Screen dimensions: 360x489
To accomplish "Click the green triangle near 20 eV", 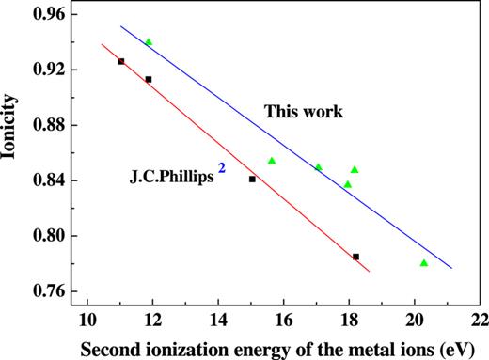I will tap(423, 263).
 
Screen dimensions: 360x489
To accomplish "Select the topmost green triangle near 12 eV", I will tap(149, 42).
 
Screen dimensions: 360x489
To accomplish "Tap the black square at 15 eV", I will tap(252, 179).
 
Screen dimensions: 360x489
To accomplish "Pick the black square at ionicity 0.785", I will tap(355, 257).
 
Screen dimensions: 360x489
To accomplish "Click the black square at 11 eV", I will tap(120, 61).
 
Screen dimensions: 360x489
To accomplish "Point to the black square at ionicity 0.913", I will tap(149, 79).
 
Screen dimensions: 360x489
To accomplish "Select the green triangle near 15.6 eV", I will tap(272, 161).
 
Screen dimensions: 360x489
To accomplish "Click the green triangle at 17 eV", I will tap(318, 167).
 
